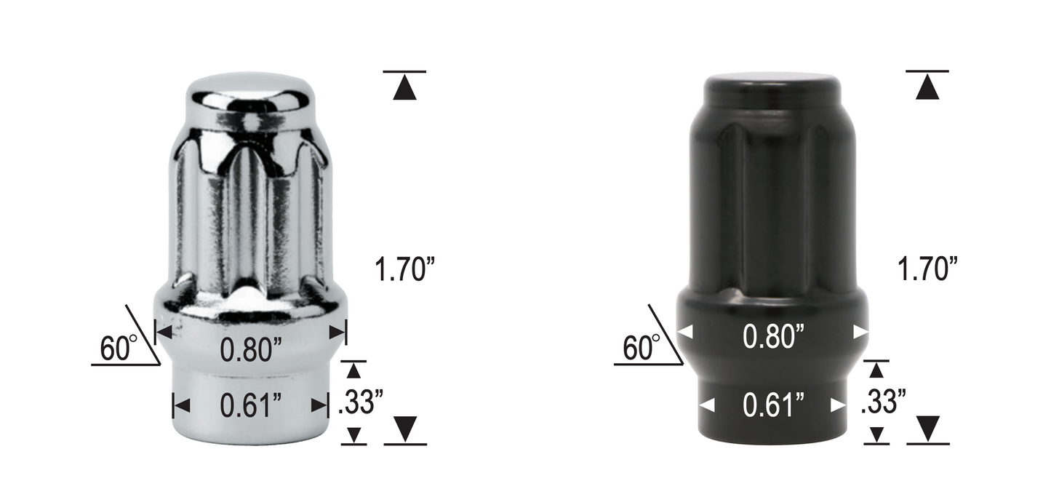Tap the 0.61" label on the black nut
click(x=773, y=405)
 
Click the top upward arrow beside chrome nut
click(x=404, y=88)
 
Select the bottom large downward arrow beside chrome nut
click(x=404, y=429)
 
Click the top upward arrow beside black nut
click(x=927, y=88)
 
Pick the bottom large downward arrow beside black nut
click(x=927, y=429)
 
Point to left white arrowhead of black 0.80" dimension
click(x=685, y=332)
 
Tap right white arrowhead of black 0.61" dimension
click(x=839, y=405)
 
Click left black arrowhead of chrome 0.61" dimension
click(x=181, y=405)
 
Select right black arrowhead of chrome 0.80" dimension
click(x=337, y=332)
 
